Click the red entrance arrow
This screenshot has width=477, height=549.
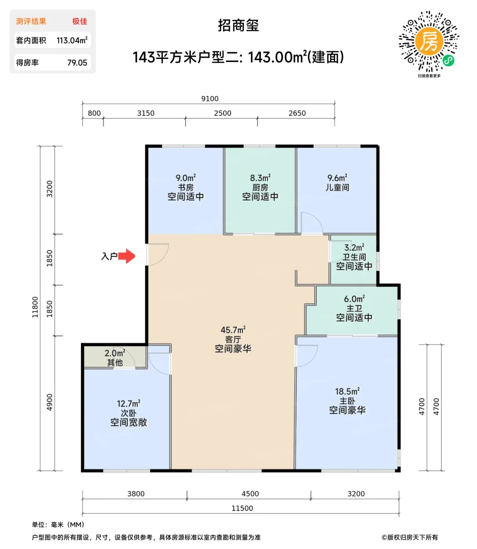tap(127, 256)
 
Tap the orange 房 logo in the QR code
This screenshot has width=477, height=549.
tap(429, 41)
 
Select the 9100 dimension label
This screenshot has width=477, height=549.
tap(210, 98)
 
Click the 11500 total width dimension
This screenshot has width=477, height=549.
tap(242, 508)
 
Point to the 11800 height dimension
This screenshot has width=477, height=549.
tap(35, 307)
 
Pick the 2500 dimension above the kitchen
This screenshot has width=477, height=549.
tap(223, 113)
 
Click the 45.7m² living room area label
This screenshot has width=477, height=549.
tap(233, 330)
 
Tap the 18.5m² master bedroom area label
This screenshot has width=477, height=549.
tap(347, 391)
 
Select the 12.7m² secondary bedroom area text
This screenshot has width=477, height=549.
tap(129, 403)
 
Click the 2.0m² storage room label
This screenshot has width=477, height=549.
tap(115, 353)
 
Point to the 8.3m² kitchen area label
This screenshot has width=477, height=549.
tap(260, 178)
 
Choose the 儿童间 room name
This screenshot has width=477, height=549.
tap(337, 187)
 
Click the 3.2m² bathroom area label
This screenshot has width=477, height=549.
tap(354, 247)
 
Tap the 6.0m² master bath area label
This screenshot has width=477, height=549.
tap(354, 299)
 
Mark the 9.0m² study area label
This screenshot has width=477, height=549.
tap(185, 178)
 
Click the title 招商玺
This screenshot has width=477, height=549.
tap(238, 25)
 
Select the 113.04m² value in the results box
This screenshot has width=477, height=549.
tap(72, 40)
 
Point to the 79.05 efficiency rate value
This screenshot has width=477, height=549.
tap(77, 62)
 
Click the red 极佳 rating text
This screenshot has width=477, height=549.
tap(80, 21)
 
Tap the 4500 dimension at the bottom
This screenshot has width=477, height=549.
tap(250, 494)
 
